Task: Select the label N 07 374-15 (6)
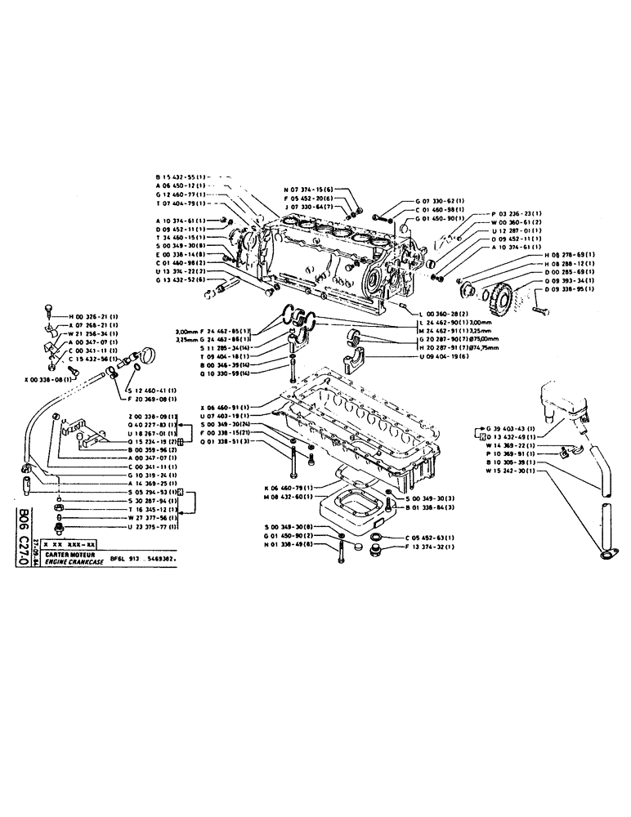311,189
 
